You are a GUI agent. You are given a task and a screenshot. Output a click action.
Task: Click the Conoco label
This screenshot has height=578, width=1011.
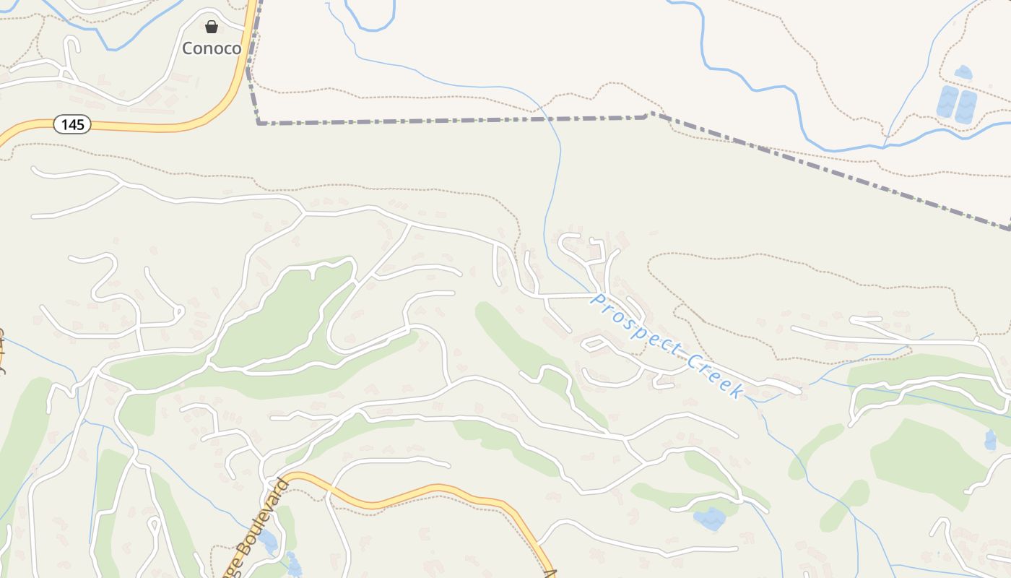point(211,48)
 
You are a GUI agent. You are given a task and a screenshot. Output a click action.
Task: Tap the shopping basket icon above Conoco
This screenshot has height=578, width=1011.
point(211,27)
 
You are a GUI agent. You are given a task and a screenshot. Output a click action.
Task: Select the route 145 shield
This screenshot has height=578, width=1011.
point(72,125)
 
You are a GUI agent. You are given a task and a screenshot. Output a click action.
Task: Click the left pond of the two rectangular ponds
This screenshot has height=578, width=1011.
point(947,103)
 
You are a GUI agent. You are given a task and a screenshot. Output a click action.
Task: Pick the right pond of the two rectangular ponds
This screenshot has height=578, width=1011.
point(966,106)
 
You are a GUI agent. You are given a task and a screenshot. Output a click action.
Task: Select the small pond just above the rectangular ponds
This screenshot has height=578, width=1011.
point(963,72)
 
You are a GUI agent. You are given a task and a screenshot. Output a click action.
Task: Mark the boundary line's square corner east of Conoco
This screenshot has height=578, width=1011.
point(259,123)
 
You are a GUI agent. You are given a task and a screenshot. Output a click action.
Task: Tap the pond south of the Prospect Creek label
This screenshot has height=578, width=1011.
point(709,518)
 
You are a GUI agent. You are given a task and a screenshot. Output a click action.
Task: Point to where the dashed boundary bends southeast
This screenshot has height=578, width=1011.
point(649,113)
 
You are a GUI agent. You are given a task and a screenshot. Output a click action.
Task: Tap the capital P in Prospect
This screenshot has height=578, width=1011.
point(596,298)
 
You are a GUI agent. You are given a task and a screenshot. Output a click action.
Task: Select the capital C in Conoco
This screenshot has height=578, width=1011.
point(188,48)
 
